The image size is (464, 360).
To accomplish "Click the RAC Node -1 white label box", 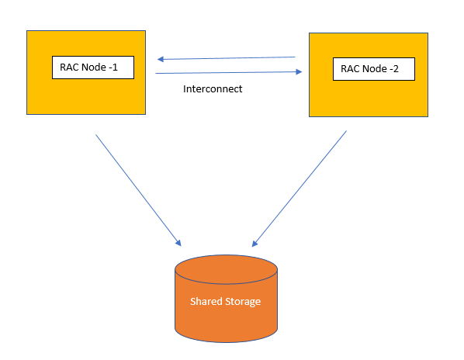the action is (x=93, y=67).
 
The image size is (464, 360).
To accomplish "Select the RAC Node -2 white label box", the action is (x=374, y=69).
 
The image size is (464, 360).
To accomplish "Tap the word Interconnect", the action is (x=213, y=88).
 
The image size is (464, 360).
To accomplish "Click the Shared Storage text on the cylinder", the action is (x=225, y=302).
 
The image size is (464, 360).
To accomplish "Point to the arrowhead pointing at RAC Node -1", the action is (x=161, y=59).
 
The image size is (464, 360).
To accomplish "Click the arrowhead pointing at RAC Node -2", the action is (x=299, y=71).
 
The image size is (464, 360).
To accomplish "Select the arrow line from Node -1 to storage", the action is (x=138, y=190).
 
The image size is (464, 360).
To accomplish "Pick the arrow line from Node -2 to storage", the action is (x=300, y=189).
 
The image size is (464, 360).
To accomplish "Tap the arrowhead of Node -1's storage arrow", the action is (x=178, y=243).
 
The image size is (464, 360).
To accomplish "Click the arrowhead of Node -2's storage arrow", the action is (x=255, y=243).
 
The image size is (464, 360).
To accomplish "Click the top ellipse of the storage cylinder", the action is (x=226, y=269).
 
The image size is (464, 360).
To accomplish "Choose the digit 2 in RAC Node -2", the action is (x=396, y=68).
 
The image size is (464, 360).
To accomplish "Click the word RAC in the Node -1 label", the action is (x=70, y=67).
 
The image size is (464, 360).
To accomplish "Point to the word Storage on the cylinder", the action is (x=243, y=302).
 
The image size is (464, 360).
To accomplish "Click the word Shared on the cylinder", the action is (x=206, y=302).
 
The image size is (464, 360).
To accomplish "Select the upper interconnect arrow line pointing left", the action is (x=226, y=58).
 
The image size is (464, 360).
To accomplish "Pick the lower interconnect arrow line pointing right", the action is (x=229, y=72).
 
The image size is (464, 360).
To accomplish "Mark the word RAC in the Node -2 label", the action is (x=351, y=68).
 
